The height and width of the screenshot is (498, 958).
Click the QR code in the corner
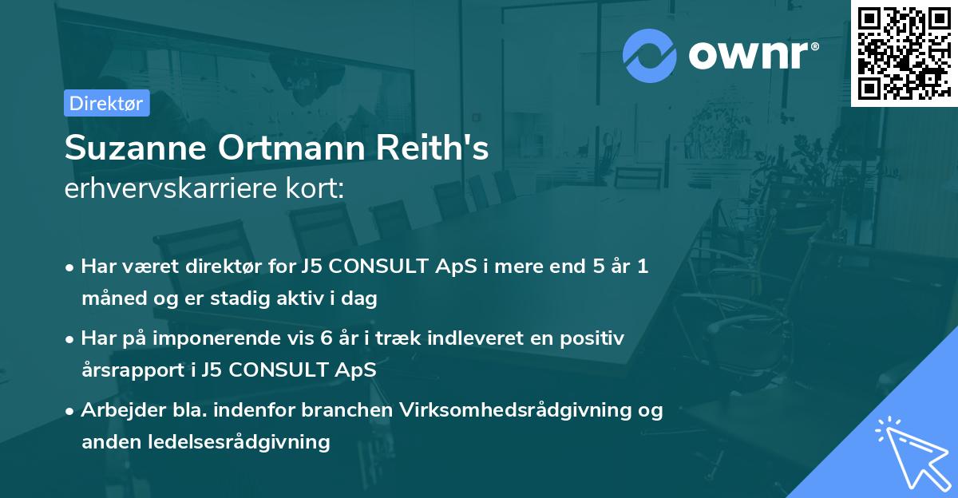click(904, 53)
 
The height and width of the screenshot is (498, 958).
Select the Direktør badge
click(107, 103)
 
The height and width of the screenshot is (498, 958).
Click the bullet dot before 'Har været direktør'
click(70, 267)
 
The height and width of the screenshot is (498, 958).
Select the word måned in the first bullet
click(109, 299)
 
